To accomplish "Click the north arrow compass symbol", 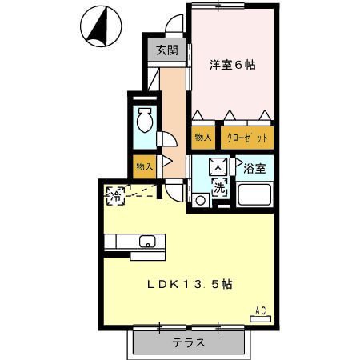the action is tap(101, 26).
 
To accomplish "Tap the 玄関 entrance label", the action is tap(167, 50).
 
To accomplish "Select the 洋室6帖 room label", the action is tap(233, 65).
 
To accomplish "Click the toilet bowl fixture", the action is tap(144, 120).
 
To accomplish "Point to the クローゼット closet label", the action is tap(247, 138).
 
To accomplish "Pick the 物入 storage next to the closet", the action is tap(203, 138).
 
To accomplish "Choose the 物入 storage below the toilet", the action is tap(145, 167).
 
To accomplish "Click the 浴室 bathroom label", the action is tap(254, 168).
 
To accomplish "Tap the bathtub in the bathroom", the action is tap(254, 194).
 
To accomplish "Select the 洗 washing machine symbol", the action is tap(220, 188).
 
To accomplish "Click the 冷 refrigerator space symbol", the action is tap(116, 196).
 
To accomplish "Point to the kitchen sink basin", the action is tap(147, 242).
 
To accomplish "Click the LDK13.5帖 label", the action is tap(190, 285).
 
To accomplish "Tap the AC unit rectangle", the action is tap(260, 318).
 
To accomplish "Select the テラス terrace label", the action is tap(189, 342).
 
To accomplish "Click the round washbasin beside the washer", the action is tap(200, 200).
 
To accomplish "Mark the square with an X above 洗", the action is tap(218, 167).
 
